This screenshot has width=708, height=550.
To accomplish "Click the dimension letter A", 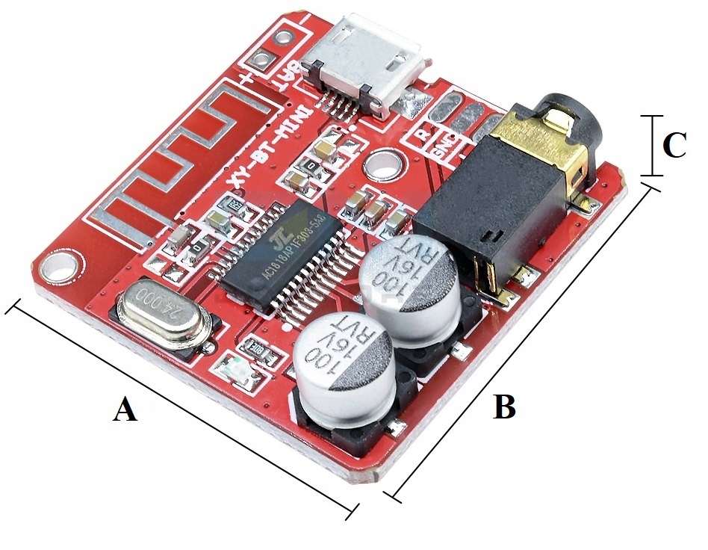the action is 125,410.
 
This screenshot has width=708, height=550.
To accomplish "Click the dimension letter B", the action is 505,407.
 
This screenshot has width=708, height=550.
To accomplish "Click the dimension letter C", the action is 674,146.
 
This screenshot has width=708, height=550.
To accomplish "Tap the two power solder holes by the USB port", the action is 272,49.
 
